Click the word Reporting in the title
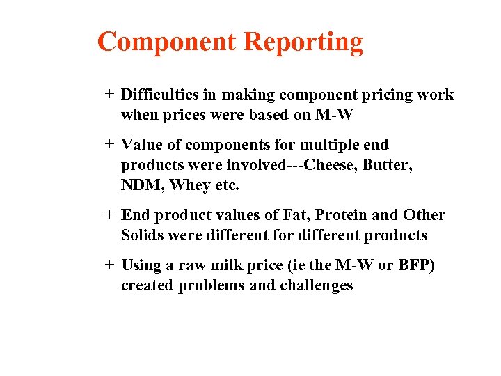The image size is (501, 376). point(303,42)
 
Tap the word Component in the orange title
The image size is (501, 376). point(167,42)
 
